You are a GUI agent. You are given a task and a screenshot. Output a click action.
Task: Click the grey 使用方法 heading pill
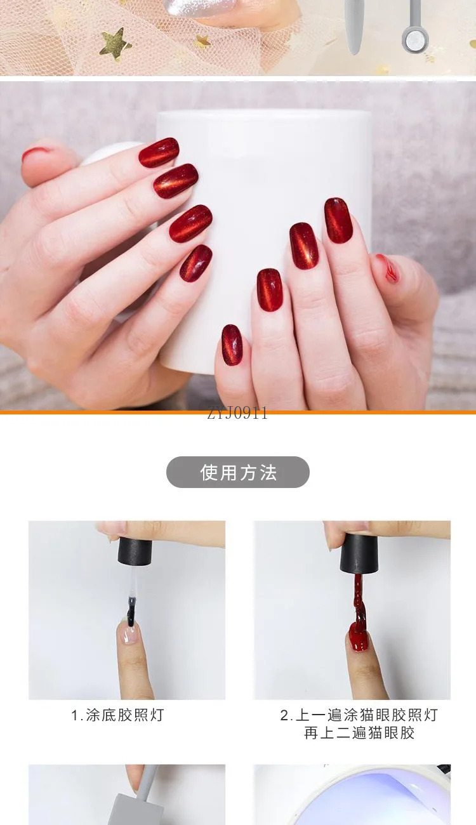237,472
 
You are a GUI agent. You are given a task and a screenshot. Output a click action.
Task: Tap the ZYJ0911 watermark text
237,413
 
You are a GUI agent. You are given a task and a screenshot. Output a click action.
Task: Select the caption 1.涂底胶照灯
117,715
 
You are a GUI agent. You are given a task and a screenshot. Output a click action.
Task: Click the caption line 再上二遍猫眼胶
359,732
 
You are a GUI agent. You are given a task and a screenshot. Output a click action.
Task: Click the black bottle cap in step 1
135,551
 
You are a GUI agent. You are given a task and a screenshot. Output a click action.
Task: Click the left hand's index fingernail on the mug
159,152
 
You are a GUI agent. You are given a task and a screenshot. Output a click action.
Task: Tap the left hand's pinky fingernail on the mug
195,263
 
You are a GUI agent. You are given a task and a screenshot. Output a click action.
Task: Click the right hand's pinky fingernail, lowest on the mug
232,345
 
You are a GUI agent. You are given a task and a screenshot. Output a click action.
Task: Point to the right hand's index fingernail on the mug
338,220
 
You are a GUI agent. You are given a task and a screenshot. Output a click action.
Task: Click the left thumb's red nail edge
36,152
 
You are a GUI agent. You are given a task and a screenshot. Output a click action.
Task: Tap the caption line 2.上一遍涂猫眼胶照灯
359,715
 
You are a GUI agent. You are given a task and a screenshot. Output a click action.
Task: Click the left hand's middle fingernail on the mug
175,181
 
